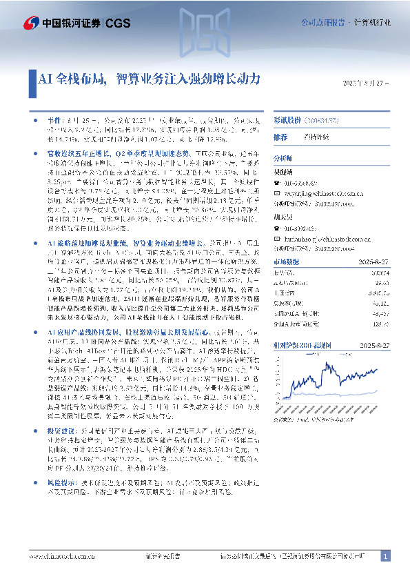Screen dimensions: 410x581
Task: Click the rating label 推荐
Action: (x=281, y=137)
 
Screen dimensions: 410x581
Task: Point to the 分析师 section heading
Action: (x=285, y=158)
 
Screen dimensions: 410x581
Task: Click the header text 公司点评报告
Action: (x=322, y=23)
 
